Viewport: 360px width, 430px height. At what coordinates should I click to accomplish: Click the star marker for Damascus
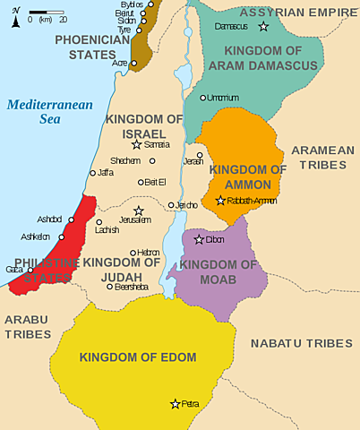pos(262,29)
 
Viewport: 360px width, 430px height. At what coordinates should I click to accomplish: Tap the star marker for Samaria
pos(136,144)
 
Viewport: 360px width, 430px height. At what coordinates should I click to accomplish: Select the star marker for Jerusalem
pos(138,211)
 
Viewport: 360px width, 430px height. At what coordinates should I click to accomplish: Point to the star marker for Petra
pos(176,404)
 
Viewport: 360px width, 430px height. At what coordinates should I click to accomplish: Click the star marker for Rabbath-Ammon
pos(220,200)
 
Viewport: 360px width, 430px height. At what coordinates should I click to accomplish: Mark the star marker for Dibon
pos(199,239)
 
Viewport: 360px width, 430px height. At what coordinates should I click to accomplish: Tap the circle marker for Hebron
pos(133,253)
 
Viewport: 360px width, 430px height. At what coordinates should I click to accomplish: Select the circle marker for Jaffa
pos(92,173)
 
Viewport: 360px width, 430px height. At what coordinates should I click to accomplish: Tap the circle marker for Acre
pos(133,63)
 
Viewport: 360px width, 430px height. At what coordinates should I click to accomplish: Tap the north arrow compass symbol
pos(16,17)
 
